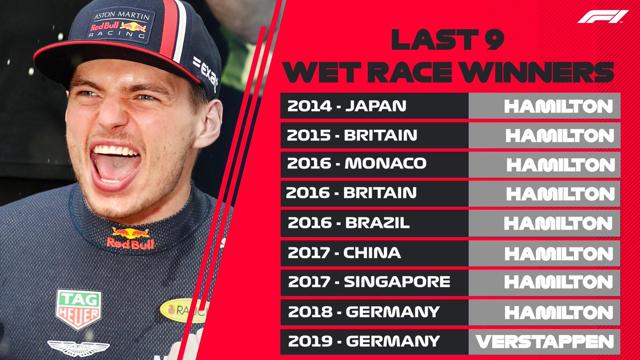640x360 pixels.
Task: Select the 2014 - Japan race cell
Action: [374, 106]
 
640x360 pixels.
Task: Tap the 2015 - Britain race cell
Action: [374, 135]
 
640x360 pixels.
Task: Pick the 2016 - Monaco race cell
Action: [374, 164]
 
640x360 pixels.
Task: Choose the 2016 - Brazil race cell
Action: [374, 223]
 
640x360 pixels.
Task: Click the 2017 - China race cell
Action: [374, 252]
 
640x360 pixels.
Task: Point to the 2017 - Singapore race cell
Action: [374, 282]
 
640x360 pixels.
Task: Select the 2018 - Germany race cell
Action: [374, 311]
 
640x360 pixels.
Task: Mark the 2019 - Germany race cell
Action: [374, 341]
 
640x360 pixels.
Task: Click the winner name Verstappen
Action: [545, 341]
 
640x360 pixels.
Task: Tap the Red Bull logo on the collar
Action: [130, 238]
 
